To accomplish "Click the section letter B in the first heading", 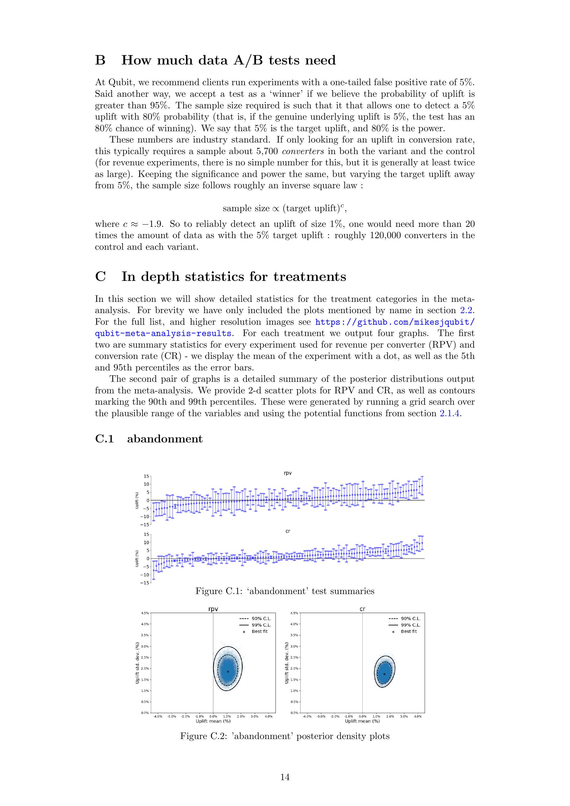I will pos(100,60).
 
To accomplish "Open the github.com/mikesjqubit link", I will pos(395,322).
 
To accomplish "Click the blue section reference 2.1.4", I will pos(449,413).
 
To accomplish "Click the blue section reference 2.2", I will pos(467,310).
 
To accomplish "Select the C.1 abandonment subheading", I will pos(149,439).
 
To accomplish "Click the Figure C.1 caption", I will pos(285,591).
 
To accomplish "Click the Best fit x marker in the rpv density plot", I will pos(228,671).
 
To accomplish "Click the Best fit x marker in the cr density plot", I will pos(384,674).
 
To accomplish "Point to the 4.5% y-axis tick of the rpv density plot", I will pos(145,613).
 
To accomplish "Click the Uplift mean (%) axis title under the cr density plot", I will pos(362,721).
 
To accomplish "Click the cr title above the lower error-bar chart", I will pos(288,531).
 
